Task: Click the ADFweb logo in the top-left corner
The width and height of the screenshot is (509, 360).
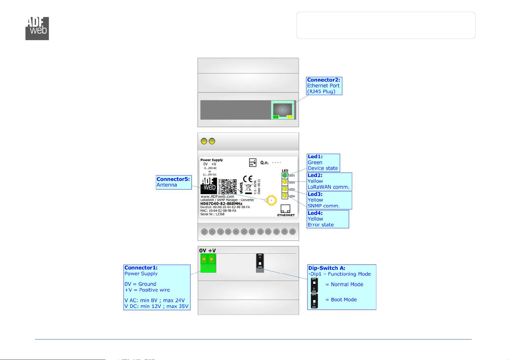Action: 37,28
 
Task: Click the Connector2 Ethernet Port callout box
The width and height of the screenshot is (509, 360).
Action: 324,86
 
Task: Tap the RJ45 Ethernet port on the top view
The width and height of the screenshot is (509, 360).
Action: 283,110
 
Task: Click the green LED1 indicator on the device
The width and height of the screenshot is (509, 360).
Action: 285,175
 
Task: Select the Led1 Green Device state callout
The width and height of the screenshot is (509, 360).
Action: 323,163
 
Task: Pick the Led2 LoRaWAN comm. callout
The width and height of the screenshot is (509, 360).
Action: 329,181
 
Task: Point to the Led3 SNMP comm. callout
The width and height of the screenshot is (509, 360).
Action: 329,200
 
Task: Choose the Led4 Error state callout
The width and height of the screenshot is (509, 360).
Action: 327,219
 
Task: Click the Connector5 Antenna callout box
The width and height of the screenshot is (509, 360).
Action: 174,182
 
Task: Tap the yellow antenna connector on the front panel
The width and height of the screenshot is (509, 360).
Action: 272,200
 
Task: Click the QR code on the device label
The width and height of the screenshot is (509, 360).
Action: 229,186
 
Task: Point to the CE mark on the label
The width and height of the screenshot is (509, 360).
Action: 247,179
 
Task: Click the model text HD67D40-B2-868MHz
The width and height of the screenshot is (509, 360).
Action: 221,204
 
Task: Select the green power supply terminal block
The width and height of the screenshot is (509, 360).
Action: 208,263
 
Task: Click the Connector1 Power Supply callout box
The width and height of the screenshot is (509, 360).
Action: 157,287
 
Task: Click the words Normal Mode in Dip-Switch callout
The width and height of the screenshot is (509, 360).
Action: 347,284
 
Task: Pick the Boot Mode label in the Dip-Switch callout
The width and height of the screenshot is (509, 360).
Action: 344,300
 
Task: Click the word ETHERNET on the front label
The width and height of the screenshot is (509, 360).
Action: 286,215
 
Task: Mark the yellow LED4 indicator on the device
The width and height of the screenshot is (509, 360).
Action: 285,196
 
